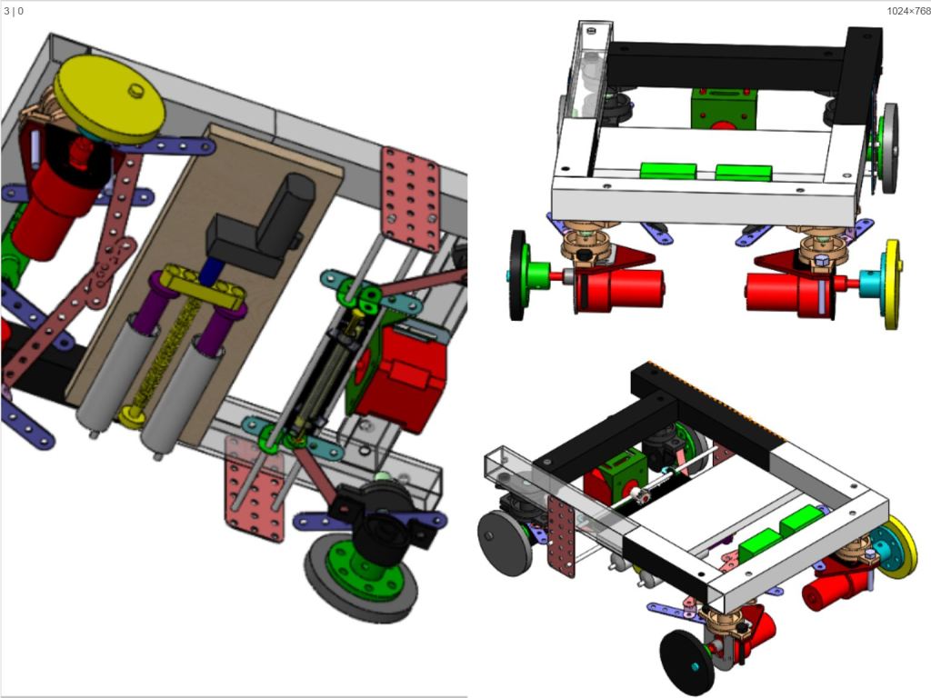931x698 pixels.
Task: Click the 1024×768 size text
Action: (x=908, y=11)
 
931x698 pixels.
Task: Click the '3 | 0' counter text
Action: (x=14, y=11)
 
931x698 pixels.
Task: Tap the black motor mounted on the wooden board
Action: (x=260, y=224)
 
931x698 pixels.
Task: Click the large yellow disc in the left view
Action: (x=109, y=100)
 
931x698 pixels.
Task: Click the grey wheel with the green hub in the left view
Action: (x=361, y=574)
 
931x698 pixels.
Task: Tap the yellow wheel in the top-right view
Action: (x=893, y=284)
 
